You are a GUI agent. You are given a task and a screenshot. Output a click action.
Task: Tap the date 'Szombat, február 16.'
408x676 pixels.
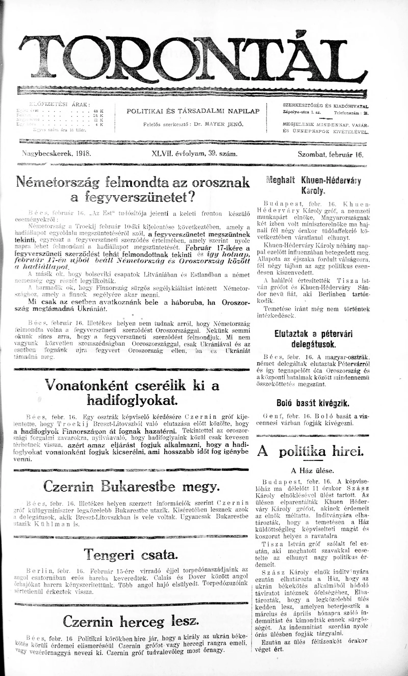pyautogui.click(x=330, y=154)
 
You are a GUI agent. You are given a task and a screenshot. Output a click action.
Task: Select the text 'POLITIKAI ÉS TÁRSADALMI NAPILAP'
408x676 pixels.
pyautogui.click(x=193, y=111)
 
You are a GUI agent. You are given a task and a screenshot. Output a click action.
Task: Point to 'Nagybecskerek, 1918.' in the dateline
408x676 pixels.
pyautogui.click(x=57, y=154)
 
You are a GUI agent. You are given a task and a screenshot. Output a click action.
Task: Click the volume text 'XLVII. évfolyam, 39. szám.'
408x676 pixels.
pyautogui.click(x=194, y=154)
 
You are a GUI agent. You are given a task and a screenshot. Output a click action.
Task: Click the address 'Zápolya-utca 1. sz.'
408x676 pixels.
pyautogui.click(x=300, y=112)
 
